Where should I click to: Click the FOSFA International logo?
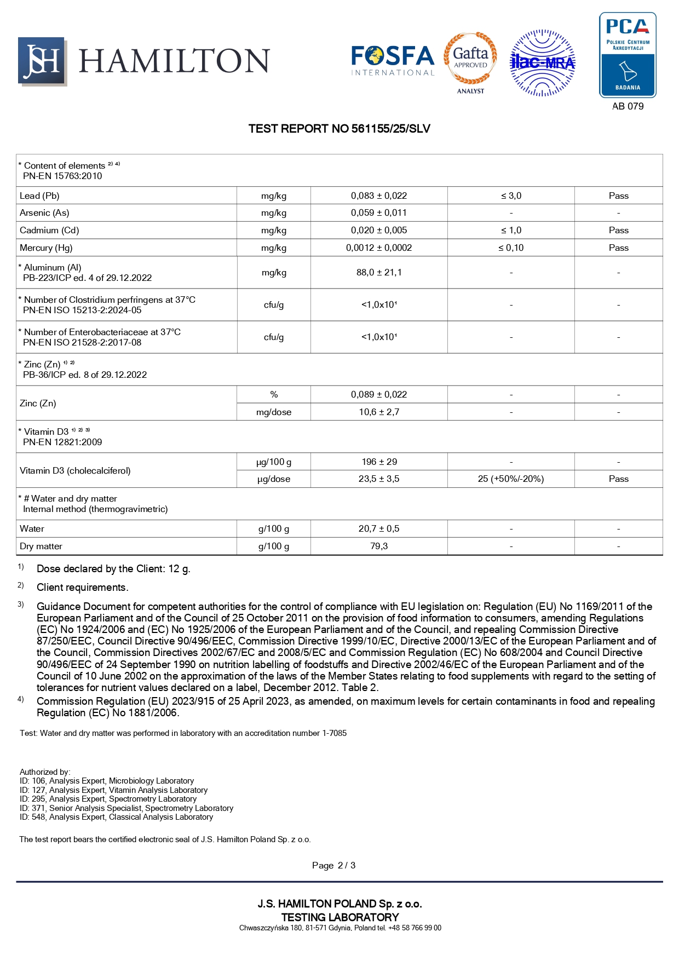point(393,60)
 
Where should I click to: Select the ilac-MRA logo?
point(542,63)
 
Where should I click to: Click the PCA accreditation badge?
point(628,55)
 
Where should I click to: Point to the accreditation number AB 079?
point(628,106)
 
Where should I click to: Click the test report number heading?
point(339,129)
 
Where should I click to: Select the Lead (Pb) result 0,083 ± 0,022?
point(379,195)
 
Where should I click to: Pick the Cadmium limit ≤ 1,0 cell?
point(511,231)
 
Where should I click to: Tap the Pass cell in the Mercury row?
point(618,248)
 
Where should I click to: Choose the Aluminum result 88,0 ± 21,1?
point(379,272)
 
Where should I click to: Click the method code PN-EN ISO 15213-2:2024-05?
point(82,310)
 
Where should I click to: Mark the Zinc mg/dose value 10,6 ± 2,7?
point(379,412)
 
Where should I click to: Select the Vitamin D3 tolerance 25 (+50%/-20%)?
point(511,479)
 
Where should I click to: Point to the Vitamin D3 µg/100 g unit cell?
point(274,462)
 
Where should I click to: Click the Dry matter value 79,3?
point(379,546)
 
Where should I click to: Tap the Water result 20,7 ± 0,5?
point(379,528)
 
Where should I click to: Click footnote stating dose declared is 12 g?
point(113,569)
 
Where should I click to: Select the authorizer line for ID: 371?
point(126,808)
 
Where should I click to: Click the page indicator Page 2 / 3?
point(333,865)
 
